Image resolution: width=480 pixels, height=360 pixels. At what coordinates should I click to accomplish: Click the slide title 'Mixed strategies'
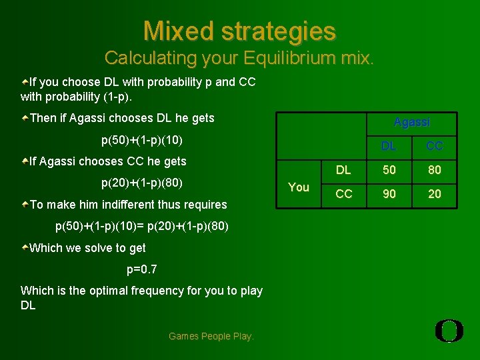coord(239,31)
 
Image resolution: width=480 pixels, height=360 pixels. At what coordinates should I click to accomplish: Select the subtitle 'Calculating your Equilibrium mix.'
coord(239,58)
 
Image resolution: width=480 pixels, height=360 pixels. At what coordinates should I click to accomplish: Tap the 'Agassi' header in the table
coord(412,122)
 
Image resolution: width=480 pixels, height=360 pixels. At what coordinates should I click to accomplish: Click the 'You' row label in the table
coord(298,187)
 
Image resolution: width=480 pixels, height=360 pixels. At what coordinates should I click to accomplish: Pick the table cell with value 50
coord(389,170)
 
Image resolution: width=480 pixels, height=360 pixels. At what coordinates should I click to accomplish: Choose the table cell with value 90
coord(389,194)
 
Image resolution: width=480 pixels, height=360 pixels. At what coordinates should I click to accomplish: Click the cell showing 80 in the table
coord(434,170)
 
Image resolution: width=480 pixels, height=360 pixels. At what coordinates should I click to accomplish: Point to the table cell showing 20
coord(434,194)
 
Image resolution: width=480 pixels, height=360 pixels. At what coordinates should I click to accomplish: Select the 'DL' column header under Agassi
coord(389,146)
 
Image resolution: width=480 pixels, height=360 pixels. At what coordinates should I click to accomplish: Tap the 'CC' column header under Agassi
coord(434,146)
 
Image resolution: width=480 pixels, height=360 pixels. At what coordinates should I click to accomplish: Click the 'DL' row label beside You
coord(343,170)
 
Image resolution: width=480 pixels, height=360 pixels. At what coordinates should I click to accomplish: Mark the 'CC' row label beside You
coord(343,194)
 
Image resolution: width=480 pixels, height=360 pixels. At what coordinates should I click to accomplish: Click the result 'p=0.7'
coord(142,269)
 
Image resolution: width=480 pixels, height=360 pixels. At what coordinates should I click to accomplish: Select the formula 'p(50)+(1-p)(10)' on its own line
coord(142,140)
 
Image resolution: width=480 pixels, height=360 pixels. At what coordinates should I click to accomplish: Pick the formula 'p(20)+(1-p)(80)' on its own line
coord(142,183)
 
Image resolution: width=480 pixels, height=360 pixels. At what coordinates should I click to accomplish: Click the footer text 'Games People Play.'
coord(211,336)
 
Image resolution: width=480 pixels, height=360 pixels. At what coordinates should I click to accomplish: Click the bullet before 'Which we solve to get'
coord(25,248)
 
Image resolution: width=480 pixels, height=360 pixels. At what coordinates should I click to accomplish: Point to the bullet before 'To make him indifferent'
coord(25,205)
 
